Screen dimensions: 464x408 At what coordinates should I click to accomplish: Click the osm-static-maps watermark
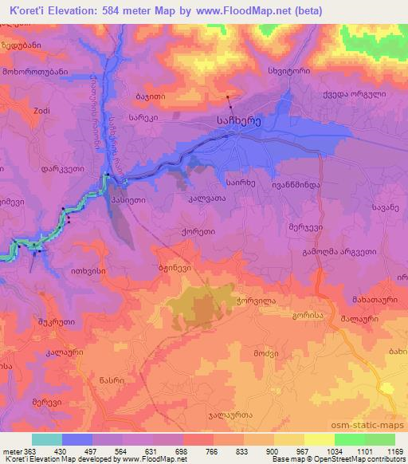369,426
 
